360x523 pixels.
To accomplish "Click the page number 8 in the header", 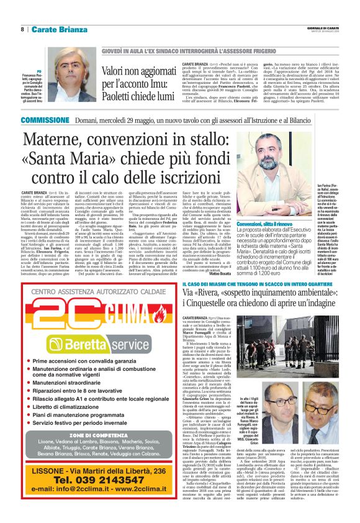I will tap(22, 29).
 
